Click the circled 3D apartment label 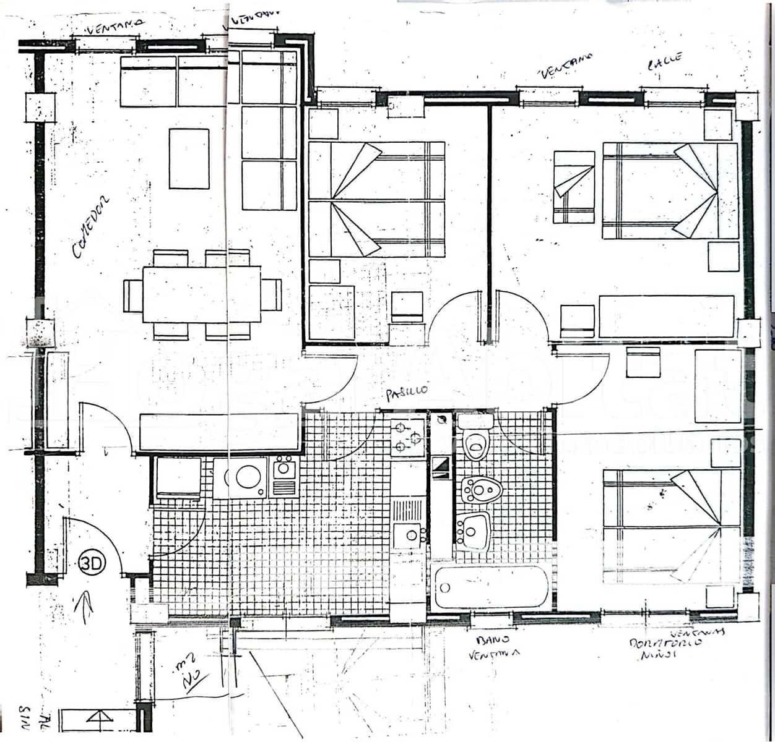tap(92, 563)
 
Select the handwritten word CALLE tap(665, 62)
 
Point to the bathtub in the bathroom tap(491, 586)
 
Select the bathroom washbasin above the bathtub tap(474, 531)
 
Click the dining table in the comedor tap(202, 294)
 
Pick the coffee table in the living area tap(189, 158)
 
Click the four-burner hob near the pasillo tap(407, 435)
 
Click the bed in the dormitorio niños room tap(671, 526)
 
